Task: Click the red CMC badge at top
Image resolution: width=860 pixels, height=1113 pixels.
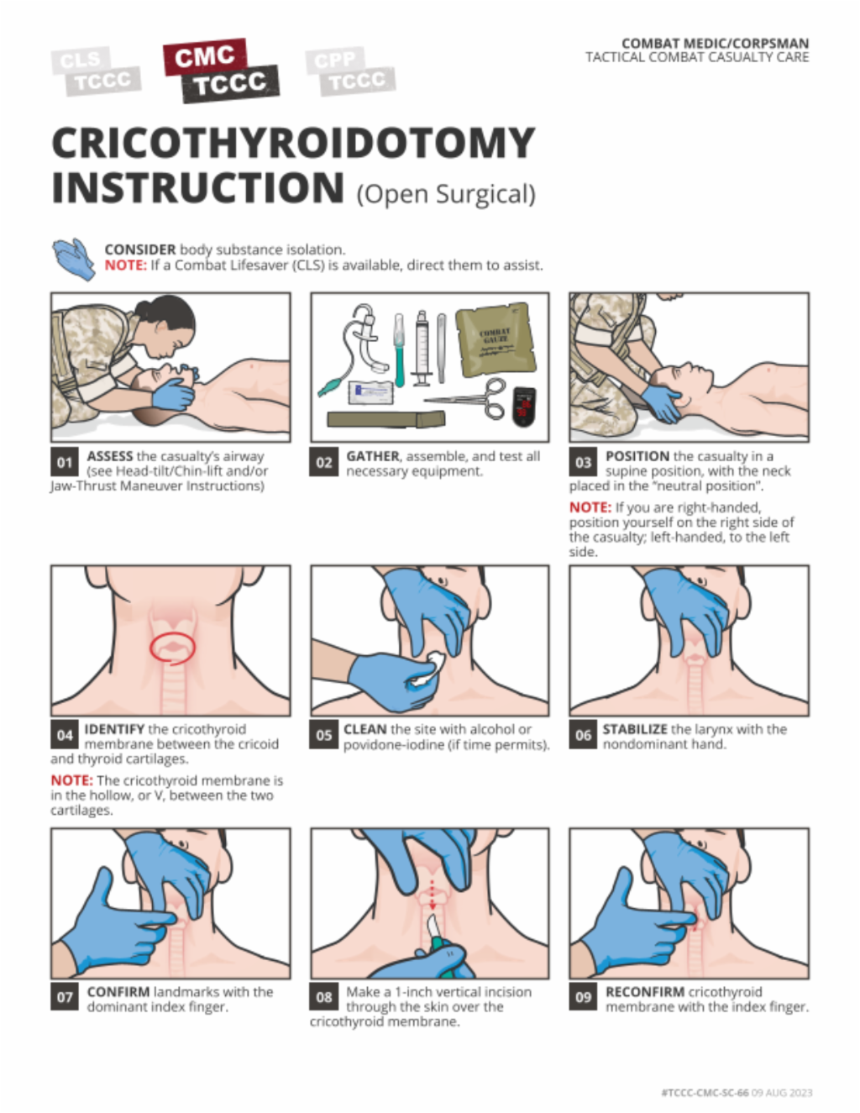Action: coord(206,56)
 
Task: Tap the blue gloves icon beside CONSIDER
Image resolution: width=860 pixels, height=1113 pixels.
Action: coord(74,259)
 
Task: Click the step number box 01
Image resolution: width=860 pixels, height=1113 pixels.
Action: coord(65,462)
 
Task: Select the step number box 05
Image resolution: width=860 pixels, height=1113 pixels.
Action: coord(323,735)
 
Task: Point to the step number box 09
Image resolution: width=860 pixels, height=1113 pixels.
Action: coord(583,998)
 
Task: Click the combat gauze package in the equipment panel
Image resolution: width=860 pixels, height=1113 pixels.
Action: coord(495,339)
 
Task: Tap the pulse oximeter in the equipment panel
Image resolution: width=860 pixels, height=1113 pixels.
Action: coord(524,407)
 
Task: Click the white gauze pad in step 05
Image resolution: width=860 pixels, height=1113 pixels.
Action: coord(426,669)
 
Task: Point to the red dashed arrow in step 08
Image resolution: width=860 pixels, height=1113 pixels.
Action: coord(433,895)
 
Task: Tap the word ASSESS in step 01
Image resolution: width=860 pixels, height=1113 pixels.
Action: coord(109,456)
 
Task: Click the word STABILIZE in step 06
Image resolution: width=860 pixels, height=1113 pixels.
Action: coord(635,729)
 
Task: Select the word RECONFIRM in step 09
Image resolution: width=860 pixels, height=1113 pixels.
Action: coord(645,991)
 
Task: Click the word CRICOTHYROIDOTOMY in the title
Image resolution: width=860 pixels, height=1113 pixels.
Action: coord(293,143)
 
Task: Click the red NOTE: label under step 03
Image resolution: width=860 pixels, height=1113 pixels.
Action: coord(590,507)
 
